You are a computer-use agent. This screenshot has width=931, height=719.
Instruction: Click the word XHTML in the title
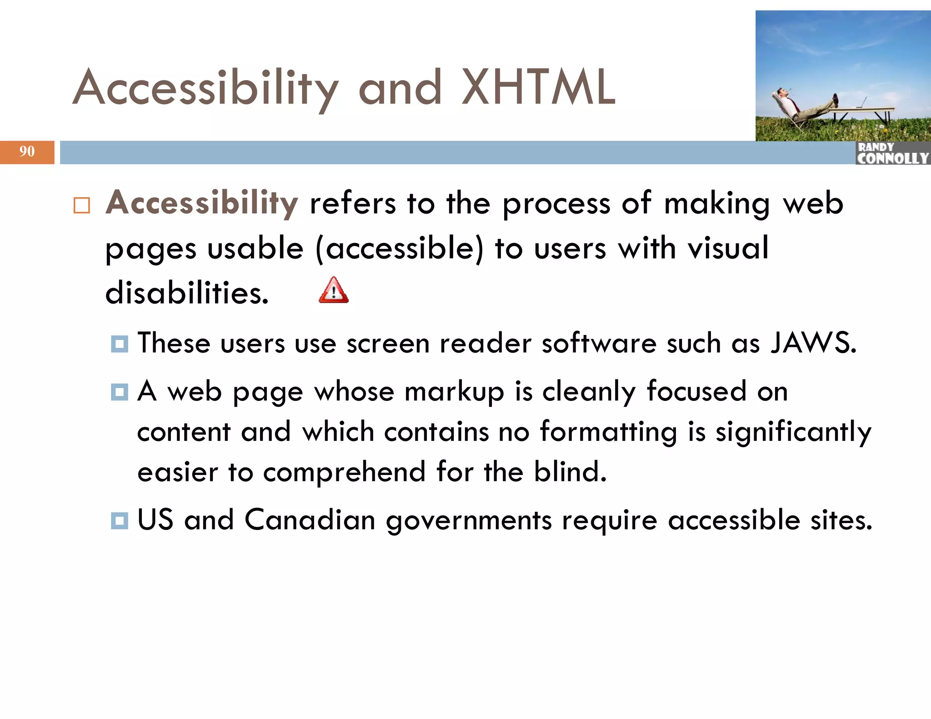(x=538, y=87)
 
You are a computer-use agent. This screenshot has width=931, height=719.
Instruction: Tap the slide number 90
(x=27, y=151)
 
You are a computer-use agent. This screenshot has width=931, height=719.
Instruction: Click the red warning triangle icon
(x=334, y=290)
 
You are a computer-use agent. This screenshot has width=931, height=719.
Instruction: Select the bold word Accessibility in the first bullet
(x=202, y=203)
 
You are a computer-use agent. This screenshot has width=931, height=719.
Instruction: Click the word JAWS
(x=813, y=343)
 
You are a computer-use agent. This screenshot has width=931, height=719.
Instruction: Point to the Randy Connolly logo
(x=892, y=153)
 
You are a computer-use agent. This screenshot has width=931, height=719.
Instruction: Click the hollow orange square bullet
(x=82, y=205)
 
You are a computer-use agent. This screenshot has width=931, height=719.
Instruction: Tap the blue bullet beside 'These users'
(x=120, y=344)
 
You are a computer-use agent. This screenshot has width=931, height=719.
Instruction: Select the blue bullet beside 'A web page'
(x=120, y=392)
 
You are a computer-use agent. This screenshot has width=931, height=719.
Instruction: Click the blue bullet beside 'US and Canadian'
(x=120, y=520)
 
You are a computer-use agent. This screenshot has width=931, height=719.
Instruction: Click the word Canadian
(x=310, y=519)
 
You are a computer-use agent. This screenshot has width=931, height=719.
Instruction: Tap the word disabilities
(x=187, y=293)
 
